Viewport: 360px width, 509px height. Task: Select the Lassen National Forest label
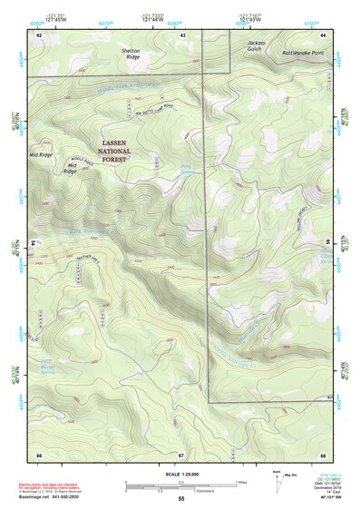[x=127, y=150]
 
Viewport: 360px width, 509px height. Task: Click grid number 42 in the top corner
[x=39, y=34]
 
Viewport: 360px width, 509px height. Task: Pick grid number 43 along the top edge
[x=184, y=34]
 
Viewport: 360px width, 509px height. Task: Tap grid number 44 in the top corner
[x=324, y=34]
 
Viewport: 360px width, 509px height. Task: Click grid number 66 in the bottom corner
[x=39, y=455]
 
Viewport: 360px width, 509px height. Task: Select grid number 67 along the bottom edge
[x=181, y=455]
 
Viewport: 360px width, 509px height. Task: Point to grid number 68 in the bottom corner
[x=323, y=455]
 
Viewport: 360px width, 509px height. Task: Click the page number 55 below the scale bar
[x=181, y=499]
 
